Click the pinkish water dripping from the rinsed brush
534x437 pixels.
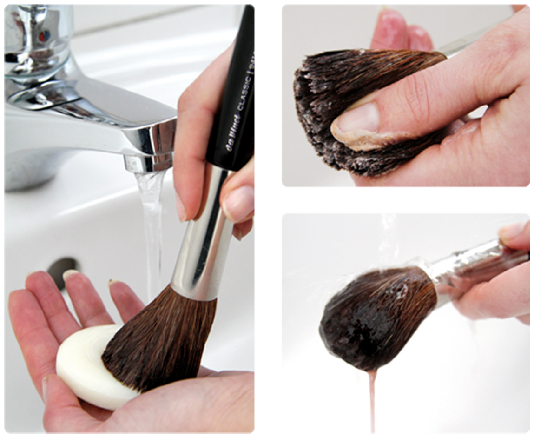tap(372, 395)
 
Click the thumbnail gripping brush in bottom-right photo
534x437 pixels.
tap(511, 230)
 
